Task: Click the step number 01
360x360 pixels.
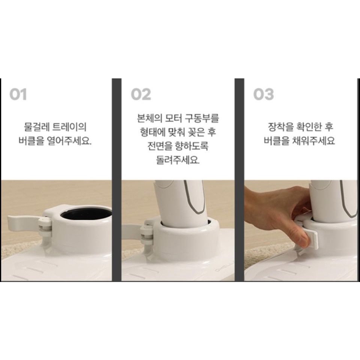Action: (18, 94)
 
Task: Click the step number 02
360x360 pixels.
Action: (141, 94)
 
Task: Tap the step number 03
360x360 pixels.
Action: (264, 94)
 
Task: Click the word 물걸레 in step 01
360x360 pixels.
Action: (37, 127)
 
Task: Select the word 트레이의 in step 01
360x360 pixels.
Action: (70, 127)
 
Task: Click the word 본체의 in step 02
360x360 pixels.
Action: (150, 118)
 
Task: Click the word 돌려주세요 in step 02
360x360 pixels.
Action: (178, 160)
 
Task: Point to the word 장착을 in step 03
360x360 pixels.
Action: (281, 127)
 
